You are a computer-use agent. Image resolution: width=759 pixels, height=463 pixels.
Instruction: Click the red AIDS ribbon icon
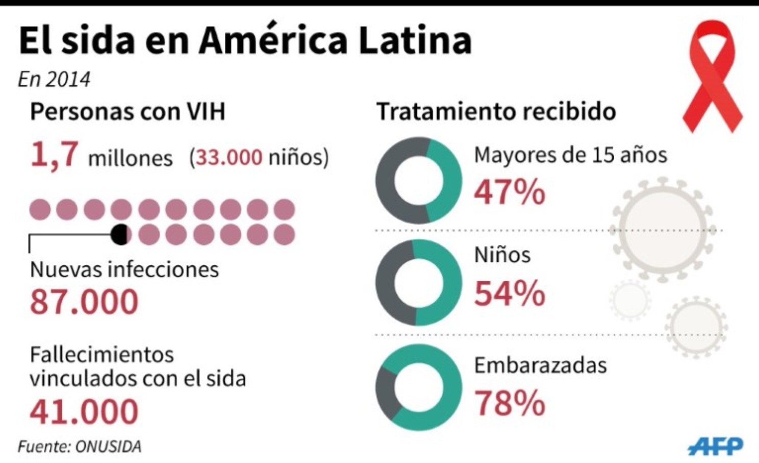[x=712, y=77]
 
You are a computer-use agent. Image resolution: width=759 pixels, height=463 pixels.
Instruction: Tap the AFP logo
[x=715, y=447]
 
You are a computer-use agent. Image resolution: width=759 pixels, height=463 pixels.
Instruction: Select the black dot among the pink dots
[x=120, y=234]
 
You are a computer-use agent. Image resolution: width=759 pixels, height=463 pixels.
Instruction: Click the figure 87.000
[x=84, y=301]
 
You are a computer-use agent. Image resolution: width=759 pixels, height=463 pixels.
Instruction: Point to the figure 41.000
[x=84, y=411]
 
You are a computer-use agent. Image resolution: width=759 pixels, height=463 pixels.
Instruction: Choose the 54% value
[x=510, y=294]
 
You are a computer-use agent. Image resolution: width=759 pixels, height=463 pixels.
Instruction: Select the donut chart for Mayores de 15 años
[x=419, y=180]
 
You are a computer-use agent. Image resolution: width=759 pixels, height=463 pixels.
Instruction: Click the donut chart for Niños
[x=419, y=282]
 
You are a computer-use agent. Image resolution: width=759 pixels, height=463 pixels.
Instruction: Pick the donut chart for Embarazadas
[x=419, y=387]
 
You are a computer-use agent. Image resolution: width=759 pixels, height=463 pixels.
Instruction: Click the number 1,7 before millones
[x=55, y=154]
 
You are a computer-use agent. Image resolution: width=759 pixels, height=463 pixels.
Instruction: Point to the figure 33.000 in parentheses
[x=229, y=157]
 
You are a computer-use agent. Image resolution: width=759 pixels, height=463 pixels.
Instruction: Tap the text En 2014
[x=54, y=80]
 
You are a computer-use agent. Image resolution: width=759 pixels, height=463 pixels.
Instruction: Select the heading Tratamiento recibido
[x=496, y=111]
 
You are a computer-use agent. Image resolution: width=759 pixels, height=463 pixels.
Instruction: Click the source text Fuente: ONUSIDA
[x=80, y=447]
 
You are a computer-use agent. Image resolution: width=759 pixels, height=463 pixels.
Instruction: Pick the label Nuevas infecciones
[x=124, y=270]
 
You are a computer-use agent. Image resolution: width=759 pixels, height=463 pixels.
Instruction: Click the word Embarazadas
[x=540, y=365]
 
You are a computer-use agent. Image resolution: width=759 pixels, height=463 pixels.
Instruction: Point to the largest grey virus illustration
[x=662, y=229]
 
